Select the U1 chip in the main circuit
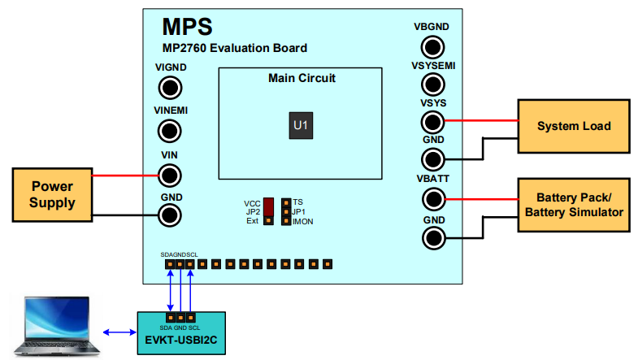point(301,125)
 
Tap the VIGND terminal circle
point(169,88)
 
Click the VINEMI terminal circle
point(169,130)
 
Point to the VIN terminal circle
point(169,174)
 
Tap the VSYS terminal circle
point(432,122)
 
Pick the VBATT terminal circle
point(432,198)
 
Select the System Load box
point(574,126)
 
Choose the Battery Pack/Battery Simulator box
point(574,205)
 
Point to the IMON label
point(303,221)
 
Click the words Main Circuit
point(302,78)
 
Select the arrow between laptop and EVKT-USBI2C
point(120,332)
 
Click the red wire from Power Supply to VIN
point(126,175)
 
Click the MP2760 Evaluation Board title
point(234,48)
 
